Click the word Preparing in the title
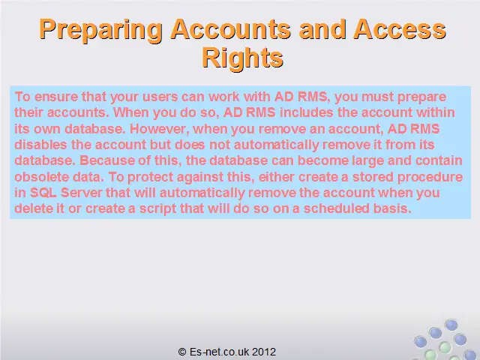pos(100,30)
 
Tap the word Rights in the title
pos(242,57)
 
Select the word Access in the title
pos(400,29)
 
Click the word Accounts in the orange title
pos(230,29)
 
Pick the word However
pos(159,129)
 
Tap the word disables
pos(40,145)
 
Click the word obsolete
pos(42,177)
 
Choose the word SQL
pos(43,193)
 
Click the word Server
pos(82,193)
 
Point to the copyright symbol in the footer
pos(182,352)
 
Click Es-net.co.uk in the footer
pos(219,352)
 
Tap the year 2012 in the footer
pos(264,352)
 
